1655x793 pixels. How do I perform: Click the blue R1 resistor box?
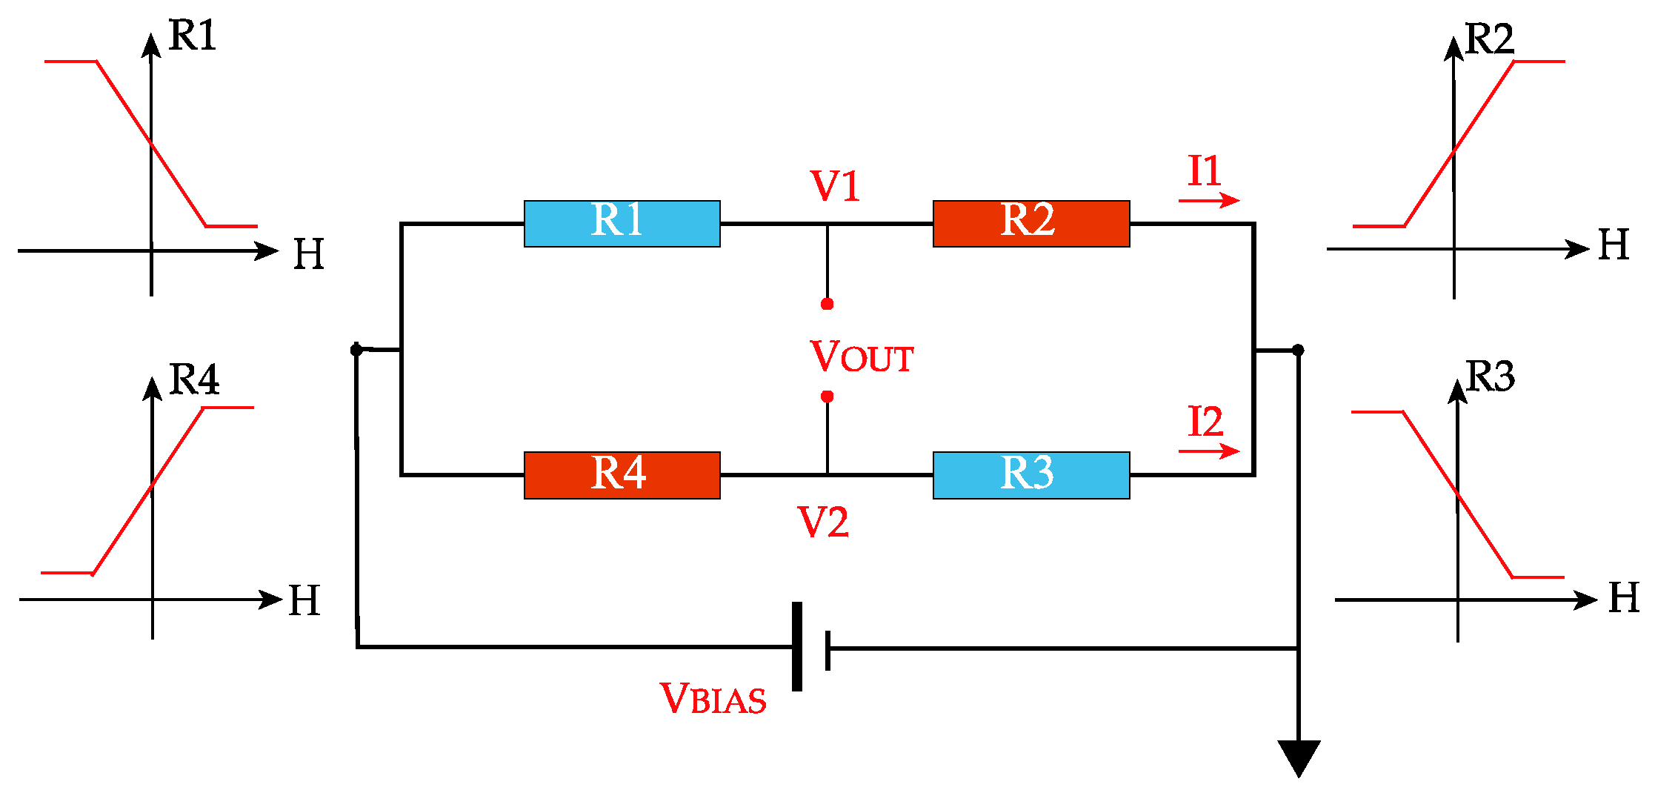pos(622,223)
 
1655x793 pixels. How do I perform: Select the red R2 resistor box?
pos(1030,223)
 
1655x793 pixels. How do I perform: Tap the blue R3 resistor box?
pos(1030,475)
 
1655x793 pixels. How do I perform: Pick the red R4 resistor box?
pos(622,475)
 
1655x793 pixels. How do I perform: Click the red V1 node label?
pos(835,185)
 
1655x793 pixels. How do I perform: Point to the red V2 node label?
pos(822,522)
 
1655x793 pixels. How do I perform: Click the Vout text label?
pos(862,356)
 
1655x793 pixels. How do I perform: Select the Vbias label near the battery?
pos(713,698)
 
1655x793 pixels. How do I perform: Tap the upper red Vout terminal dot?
pos(827,304)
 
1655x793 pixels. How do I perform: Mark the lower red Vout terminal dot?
pos(827,396)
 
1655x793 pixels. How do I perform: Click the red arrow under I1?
pos(1208,200)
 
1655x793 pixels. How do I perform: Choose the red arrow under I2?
pos(1208,451)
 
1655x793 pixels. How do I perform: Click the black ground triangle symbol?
pos(1299,756)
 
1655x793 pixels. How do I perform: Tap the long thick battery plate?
pos(797,646)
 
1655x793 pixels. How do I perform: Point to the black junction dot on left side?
pos(356,349)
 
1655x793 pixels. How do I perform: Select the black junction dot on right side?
pos(1298,350)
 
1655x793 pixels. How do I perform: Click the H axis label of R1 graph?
pos(308,254)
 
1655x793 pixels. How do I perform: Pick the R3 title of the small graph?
pos(1490,376)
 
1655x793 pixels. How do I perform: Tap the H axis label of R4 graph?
pos(304,600)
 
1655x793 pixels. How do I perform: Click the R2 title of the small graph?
pos(1489,39)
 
